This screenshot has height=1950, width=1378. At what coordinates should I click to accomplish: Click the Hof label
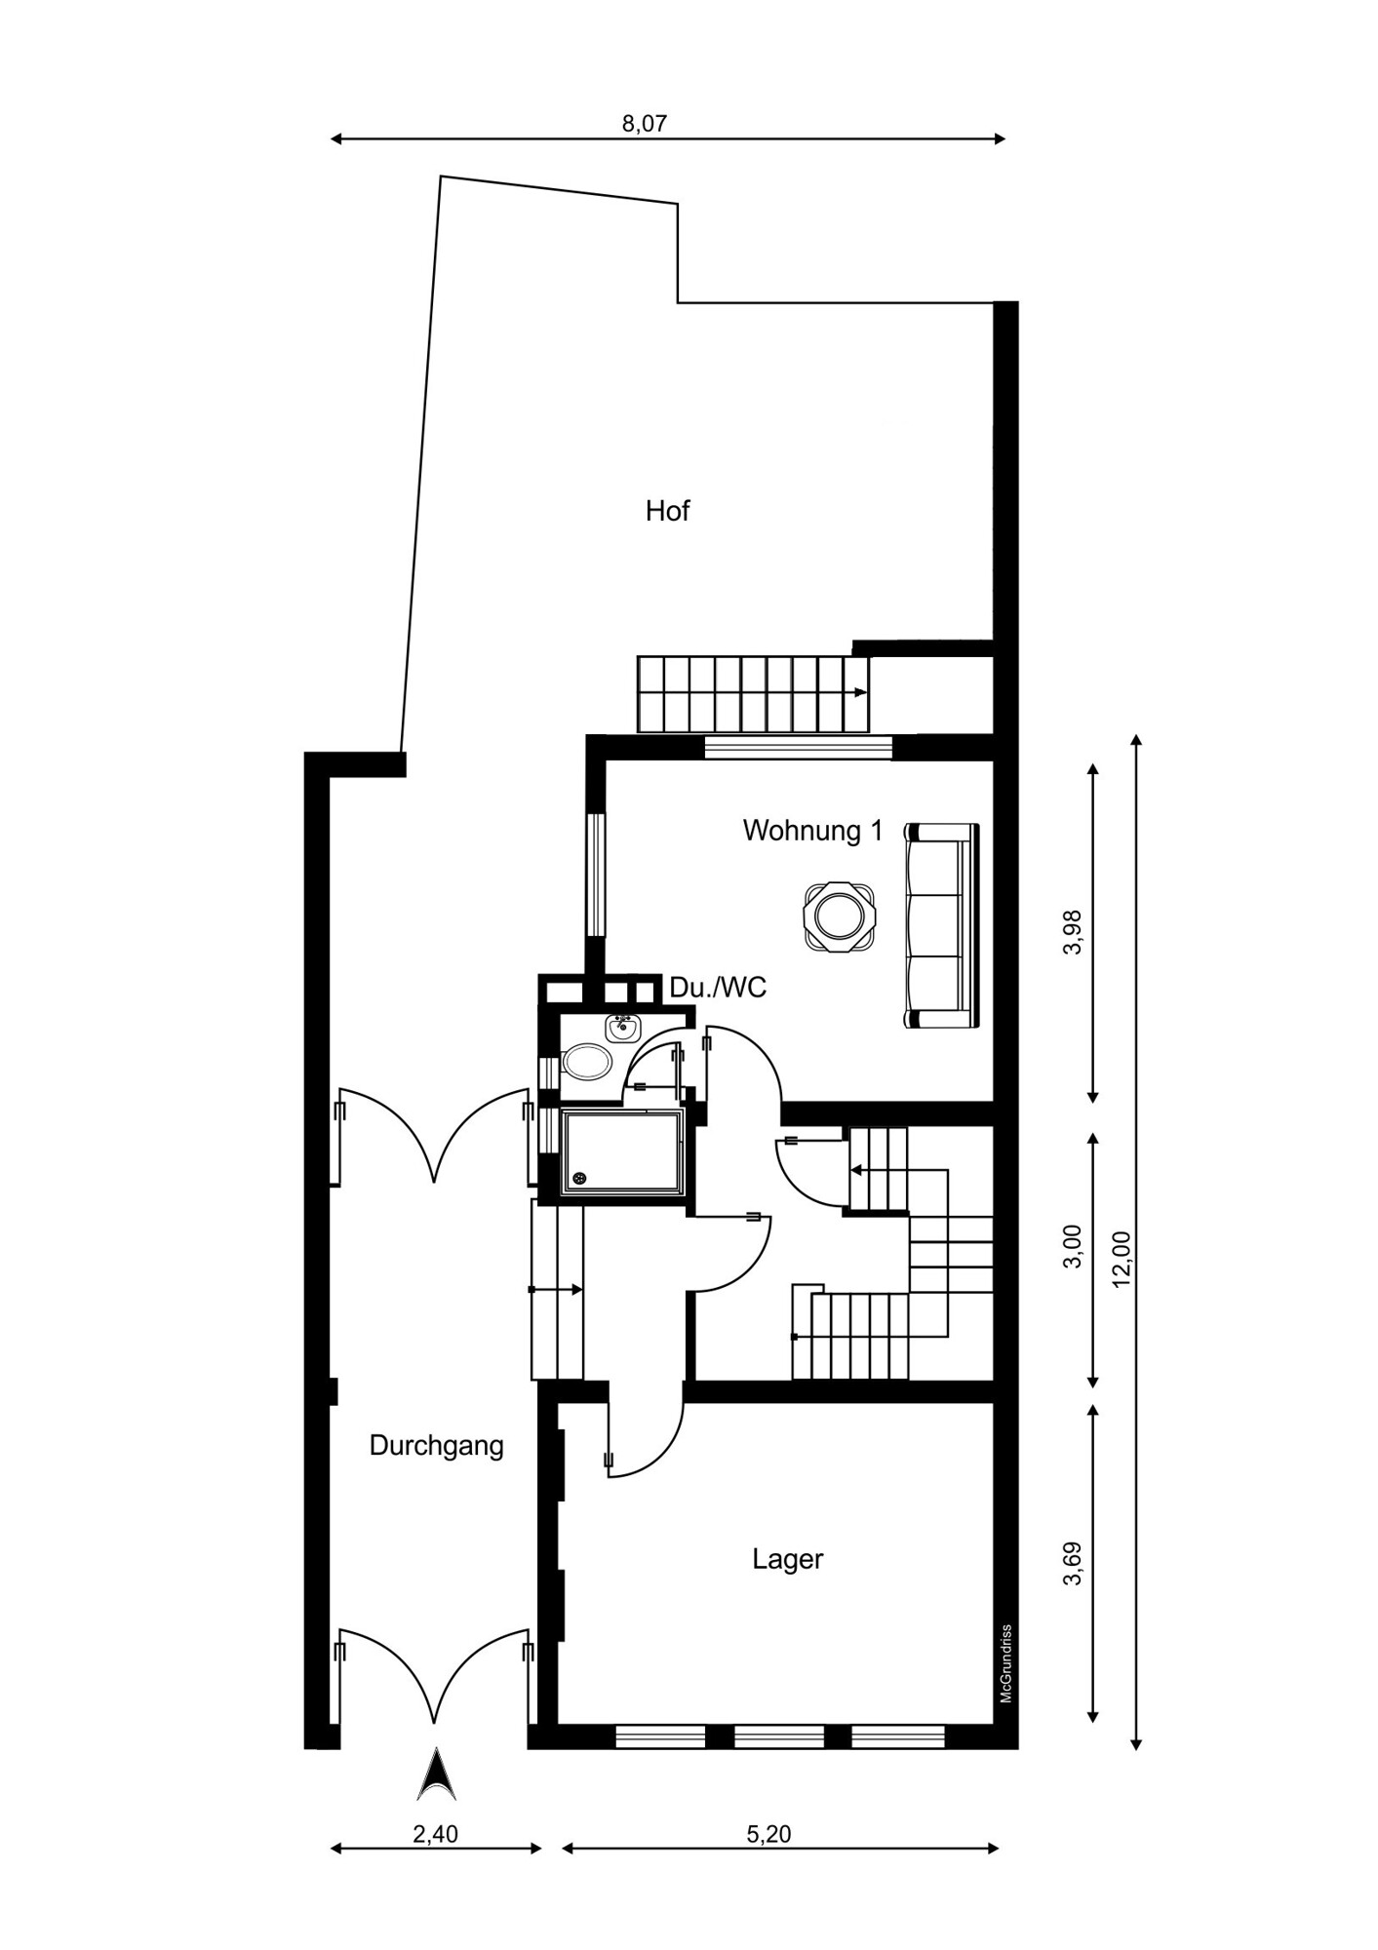point(667,511)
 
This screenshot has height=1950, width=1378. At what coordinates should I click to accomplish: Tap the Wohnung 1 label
point(812,831)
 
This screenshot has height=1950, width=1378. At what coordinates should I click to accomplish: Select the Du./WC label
point(718,988)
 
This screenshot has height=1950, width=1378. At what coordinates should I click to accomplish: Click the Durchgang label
point(436,1446)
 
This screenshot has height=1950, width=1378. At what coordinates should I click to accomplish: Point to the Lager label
point(788,1559)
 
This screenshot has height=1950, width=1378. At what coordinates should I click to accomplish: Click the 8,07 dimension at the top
point(645,123)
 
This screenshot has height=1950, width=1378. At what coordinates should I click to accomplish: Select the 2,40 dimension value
point(435,1833)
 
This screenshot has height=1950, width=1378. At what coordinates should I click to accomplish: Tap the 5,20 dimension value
point(768,1833)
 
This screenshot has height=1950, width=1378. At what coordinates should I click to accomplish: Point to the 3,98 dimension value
point(1073,932)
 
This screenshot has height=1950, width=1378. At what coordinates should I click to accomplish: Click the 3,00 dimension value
point(1073,1246)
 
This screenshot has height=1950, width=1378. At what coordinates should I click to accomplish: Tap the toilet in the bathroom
point(586,1062)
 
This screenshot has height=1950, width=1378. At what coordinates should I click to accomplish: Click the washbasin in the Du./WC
point(621,1028)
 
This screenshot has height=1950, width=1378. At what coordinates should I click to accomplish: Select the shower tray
point(622,1150)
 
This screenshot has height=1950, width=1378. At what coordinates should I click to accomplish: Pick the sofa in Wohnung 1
point(941,925)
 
